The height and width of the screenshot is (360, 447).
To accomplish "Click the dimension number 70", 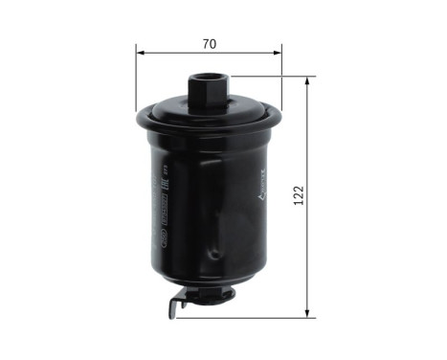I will coord(209,44).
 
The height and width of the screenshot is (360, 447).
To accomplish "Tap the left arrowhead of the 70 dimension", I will coord(141,56).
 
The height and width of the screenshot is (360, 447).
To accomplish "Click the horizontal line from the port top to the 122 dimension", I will coord(268,78).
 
